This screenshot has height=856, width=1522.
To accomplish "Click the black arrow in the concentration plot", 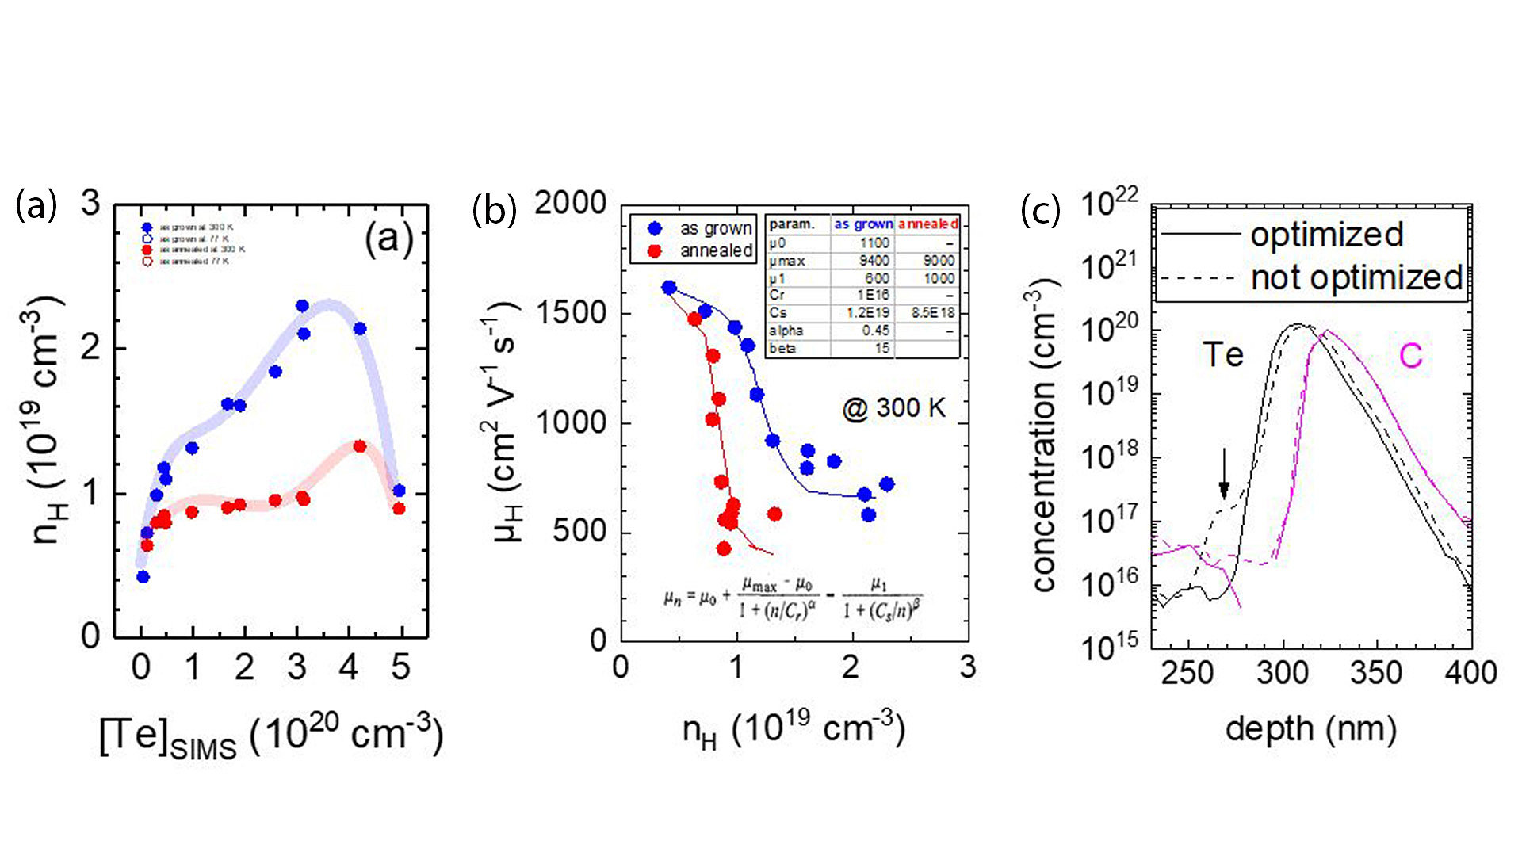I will [1224, 474].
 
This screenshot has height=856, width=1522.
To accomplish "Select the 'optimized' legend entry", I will [1327, 234].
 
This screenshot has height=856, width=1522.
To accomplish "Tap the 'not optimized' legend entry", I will [1356, 277].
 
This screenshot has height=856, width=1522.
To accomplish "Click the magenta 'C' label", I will [1410, 356].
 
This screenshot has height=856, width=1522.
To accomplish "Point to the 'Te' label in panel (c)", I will [1223, 354].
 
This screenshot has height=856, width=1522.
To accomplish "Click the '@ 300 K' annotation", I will [893, 408].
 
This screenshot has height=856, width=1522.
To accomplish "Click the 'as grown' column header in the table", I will [862, 224].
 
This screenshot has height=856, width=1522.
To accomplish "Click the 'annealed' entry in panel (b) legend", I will [716, 250].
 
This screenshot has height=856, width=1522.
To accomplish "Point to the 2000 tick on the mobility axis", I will [570, 203].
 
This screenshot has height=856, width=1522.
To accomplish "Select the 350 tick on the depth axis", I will [1376, 673].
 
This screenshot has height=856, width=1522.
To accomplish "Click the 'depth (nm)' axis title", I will [1310, 728].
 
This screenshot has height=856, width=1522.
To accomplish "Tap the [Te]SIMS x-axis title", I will [270, 735].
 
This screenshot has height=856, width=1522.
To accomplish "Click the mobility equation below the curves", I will [793, 599].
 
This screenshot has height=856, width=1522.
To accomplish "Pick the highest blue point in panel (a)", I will [302, 306].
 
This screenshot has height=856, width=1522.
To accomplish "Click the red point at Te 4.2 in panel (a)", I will [359, 446].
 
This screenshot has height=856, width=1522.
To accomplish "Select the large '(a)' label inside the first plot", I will [388, 237].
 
